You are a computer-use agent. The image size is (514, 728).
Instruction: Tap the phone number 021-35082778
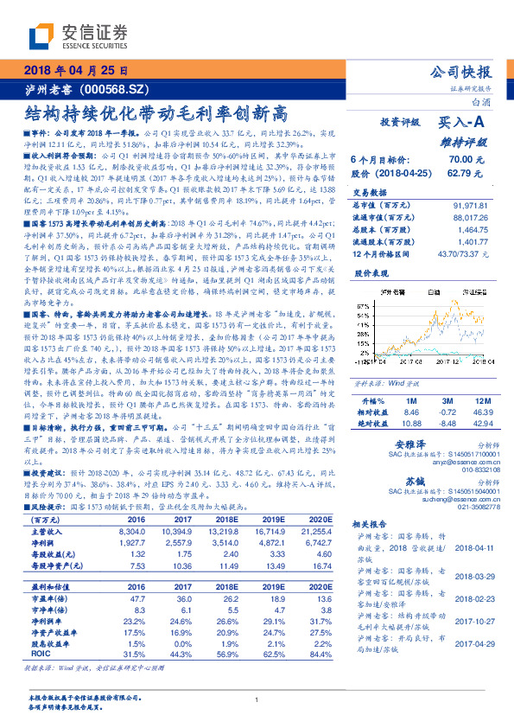tap(476, 507)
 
